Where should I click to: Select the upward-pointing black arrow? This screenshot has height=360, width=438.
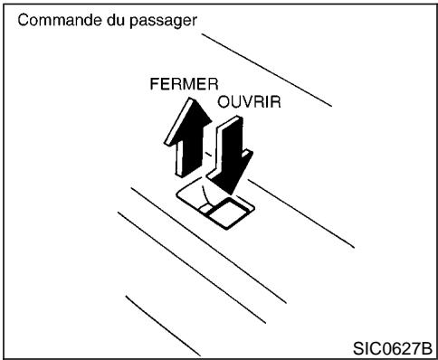click(182, 136)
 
